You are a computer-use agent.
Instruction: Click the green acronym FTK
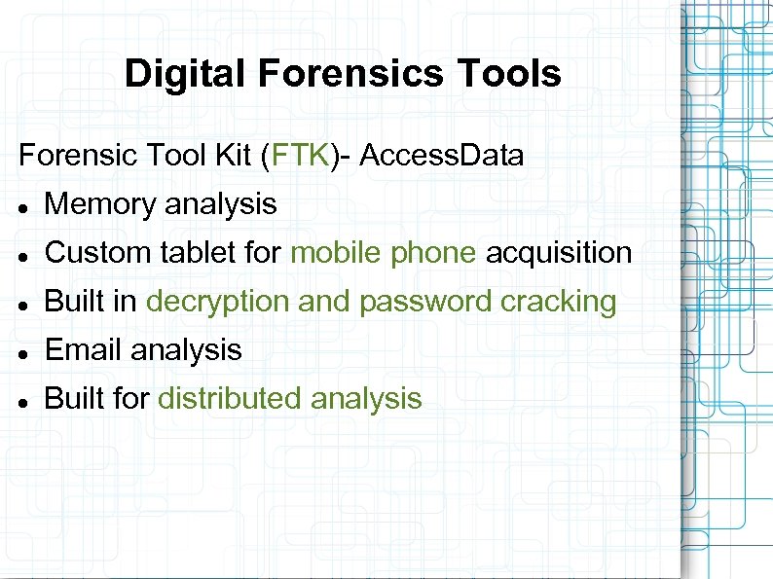tap(301, 155)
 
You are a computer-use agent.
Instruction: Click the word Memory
tap(101, 204)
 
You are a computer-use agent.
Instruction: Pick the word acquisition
tap(559, 253)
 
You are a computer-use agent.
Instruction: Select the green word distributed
tap(230, 398)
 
